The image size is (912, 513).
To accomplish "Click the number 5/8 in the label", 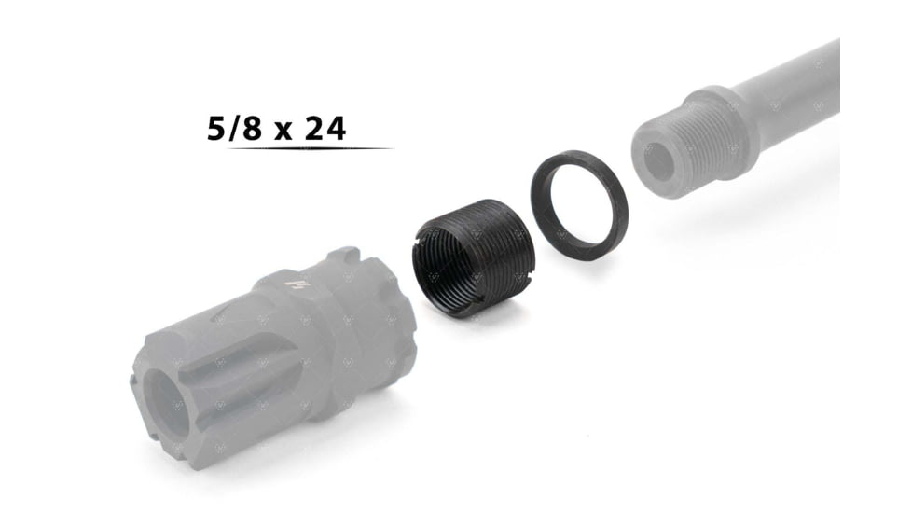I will tap(236, 129).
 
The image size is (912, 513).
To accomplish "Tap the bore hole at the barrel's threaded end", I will tap(657, 160).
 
